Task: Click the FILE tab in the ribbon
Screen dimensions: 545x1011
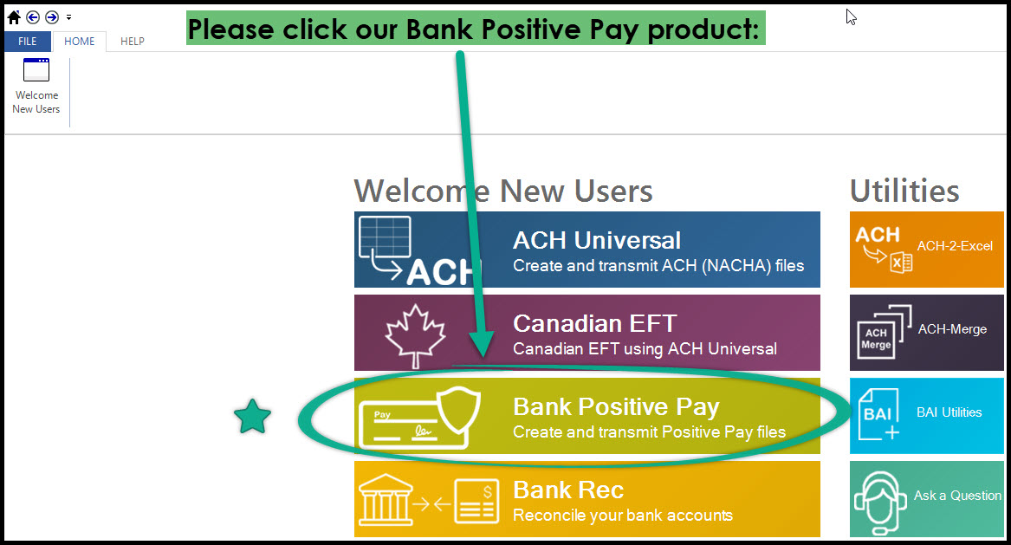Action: (28, 41)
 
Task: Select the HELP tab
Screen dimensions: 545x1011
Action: (133, 41)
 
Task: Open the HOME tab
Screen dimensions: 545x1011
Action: (80, 41)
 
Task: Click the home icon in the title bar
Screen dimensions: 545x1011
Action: (14, 16)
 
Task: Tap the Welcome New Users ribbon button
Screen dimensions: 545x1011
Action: (36, 86)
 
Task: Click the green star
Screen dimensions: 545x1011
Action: (252, 417)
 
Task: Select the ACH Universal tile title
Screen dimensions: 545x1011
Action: (597, 240)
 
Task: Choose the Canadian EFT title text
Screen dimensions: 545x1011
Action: (594, 323)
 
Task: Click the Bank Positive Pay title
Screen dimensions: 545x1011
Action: (616, 406)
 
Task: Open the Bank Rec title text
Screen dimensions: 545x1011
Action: (568, 490)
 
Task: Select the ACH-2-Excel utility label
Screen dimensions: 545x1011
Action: (955, 246)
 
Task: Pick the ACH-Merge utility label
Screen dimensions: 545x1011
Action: (952, 329)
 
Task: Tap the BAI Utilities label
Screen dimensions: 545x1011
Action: (949, 412)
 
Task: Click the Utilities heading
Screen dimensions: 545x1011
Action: (904, 191)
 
